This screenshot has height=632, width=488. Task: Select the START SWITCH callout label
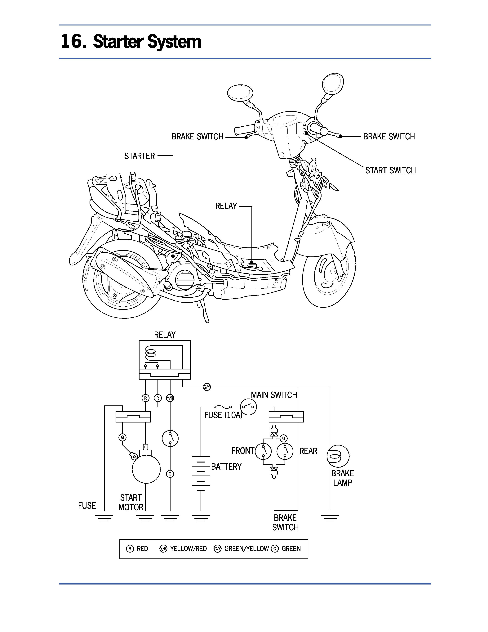(x=390, y=170)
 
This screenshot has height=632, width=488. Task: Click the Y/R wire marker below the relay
(x=170, y=398)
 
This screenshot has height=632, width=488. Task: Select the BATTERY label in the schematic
(x=226, y=467)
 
